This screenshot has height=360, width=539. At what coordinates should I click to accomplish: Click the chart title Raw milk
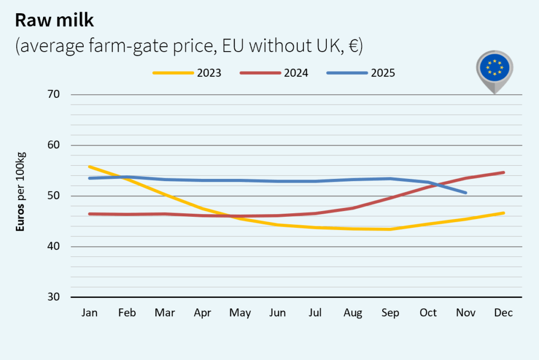[54, 20]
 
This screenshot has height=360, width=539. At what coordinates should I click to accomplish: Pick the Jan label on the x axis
[89, 313]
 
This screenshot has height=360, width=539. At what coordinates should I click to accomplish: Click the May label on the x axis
[240, 313]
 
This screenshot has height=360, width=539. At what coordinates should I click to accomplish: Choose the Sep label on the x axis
[391, 313]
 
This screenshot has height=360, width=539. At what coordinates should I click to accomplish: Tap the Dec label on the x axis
[503, 313]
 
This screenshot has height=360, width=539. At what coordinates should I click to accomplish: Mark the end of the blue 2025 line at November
[466, 193]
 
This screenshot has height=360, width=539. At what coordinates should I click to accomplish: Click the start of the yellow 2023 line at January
[89, 167]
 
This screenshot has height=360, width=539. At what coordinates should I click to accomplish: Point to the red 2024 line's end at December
[503, 173]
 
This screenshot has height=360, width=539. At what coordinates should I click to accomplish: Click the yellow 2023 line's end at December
[503, 213]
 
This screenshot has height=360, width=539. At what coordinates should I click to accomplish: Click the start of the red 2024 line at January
[89, 214]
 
